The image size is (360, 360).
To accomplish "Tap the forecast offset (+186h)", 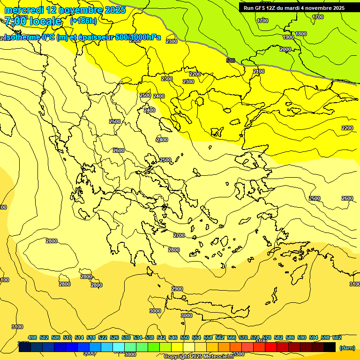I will [83, 21].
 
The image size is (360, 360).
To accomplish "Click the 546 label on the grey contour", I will [231, 60].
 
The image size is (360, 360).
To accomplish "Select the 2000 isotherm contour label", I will [285, 49].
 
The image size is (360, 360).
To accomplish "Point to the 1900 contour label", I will [288, 37].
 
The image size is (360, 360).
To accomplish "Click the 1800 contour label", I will [301, 34].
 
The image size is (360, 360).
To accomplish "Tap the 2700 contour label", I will [179, 235].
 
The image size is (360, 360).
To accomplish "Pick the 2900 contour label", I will [177, 289].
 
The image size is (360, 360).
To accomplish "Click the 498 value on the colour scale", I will [32, 337].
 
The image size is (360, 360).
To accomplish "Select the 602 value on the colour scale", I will [337, 337].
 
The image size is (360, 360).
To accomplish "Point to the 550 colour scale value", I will [185, 337].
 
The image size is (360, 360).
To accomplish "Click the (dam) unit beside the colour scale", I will [347, 347].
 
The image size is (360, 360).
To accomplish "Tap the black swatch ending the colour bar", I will [330, 347].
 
